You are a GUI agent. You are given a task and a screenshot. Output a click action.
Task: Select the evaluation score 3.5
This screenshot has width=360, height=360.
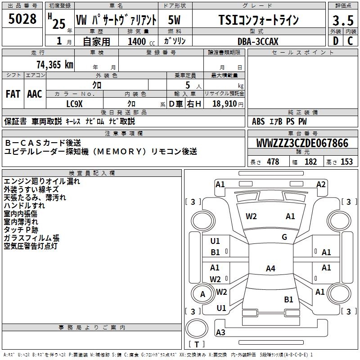point(342,21)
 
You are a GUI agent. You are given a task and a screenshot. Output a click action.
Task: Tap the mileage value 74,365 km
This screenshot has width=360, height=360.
point(53,64)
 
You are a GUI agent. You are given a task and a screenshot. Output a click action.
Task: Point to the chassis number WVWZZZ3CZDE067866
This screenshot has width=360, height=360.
point(302,144)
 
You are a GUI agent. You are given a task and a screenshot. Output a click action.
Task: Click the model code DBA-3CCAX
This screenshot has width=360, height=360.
point(258,41)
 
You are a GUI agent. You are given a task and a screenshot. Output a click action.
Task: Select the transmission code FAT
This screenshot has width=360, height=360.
point(13,94)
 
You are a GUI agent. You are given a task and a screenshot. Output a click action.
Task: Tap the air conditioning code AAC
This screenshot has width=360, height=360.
point(35,94)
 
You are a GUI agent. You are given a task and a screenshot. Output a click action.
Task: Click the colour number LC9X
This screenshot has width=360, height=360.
point(75,103)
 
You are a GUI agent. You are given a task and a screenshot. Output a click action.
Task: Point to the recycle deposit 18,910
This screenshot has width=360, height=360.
point(224,103)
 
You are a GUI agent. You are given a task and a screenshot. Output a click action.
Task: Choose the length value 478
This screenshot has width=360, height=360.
point(273,162)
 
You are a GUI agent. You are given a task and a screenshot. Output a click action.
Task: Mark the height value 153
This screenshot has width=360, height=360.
point(346,162)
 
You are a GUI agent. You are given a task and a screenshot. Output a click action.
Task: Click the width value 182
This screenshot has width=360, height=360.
point(310,162)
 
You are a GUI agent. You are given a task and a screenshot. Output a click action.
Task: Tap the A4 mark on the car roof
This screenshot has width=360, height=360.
point(270,269)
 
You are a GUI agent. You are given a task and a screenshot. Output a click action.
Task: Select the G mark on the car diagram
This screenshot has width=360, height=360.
point(284,237)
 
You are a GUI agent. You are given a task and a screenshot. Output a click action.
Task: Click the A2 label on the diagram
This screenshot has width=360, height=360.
point(321,184)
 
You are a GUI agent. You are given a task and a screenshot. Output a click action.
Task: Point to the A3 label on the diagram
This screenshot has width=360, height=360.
point(220,333)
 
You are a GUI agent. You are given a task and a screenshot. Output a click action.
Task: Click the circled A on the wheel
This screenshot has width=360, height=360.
point(202,294)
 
